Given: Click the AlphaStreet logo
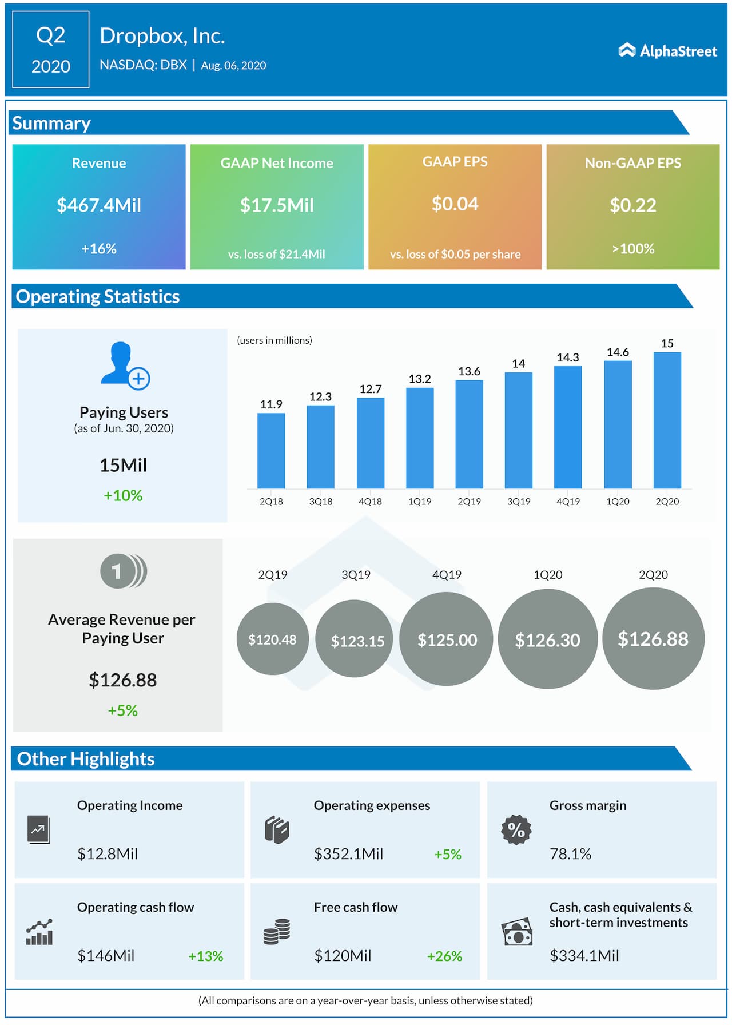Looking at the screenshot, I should [667, 51].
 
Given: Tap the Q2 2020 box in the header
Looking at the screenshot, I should [51, 50].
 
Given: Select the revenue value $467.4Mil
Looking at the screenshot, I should [99, 205].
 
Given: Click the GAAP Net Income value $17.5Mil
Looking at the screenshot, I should [277, 205].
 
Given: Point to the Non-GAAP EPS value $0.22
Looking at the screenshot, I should [632, 205].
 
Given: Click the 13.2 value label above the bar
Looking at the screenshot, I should [420, 379].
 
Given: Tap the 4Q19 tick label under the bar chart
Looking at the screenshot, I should [568, 502].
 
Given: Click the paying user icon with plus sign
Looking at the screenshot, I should [125, 366].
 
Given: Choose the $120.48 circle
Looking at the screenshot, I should [272, 639].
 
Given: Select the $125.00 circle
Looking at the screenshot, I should [447, 639].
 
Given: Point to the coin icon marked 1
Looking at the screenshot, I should [123, 571].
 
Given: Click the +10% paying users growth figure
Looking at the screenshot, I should [123, 495].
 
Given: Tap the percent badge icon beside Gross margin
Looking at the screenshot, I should [516, 829].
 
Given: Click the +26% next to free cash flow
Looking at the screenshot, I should [444, 956].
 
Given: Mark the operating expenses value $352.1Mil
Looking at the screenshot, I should [348, 854].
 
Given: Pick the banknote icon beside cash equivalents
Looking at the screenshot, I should [517, 933].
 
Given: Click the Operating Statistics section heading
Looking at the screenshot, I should [98, 296].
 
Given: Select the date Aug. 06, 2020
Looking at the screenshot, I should [233, 66].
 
